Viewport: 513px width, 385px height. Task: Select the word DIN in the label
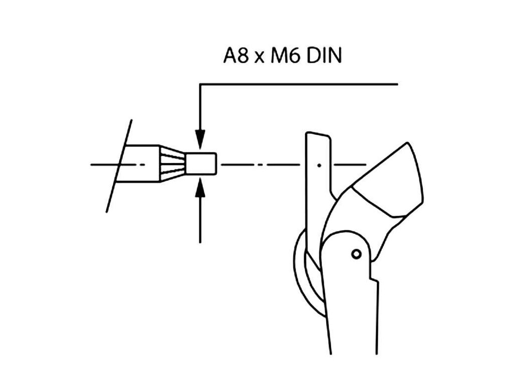324,56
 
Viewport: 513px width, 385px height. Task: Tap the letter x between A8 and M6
259,58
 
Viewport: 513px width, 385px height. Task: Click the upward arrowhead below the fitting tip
200,188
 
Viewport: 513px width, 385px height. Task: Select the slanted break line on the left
119,165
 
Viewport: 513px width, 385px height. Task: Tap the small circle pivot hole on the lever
356,254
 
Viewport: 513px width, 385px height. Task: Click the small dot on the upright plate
319,164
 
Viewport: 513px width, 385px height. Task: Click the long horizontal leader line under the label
301,84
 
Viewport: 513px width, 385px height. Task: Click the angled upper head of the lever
396,185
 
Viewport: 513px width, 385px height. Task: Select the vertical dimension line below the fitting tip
200,221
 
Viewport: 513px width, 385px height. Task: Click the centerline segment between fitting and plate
261,164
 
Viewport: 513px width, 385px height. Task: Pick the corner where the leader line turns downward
200,84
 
